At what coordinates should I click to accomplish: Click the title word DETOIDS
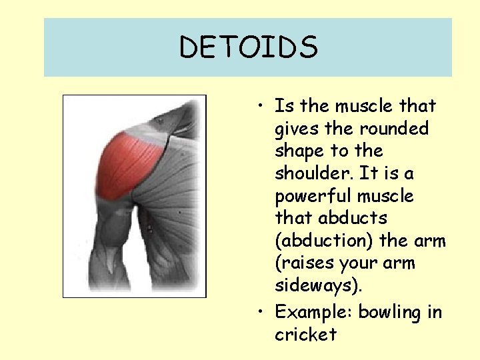point(248,47)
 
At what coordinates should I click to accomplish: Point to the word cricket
point(306,334)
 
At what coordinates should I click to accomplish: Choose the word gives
point(297,128)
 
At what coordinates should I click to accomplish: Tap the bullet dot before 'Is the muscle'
point(265,106)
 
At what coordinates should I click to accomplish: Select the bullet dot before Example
point(265,312)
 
